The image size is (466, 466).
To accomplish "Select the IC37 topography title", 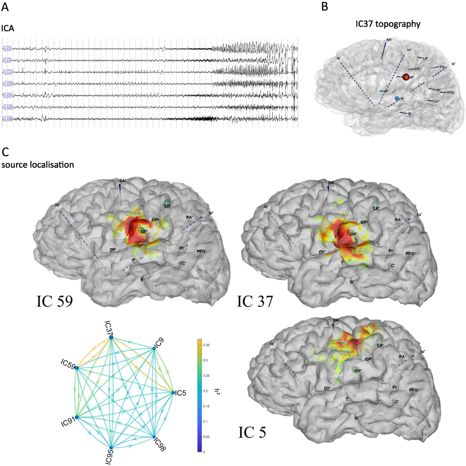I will point(388,24).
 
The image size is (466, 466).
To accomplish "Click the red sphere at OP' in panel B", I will point(406,77).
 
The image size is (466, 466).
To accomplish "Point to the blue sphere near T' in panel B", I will point(397,99).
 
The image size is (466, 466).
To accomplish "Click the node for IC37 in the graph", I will point(111,337).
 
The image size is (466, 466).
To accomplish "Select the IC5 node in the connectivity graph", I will point(173,393).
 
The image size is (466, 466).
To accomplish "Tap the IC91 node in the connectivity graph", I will point(77,417).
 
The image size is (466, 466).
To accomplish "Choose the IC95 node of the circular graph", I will point(111,448).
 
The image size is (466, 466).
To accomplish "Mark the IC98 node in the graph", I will point(154,436).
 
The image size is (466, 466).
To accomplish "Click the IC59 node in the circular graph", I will point(77,368).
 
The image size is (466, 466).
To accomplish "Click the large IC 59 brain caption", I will point(55,301).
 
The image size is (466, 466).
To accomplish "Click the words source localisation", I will point(38,165).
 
